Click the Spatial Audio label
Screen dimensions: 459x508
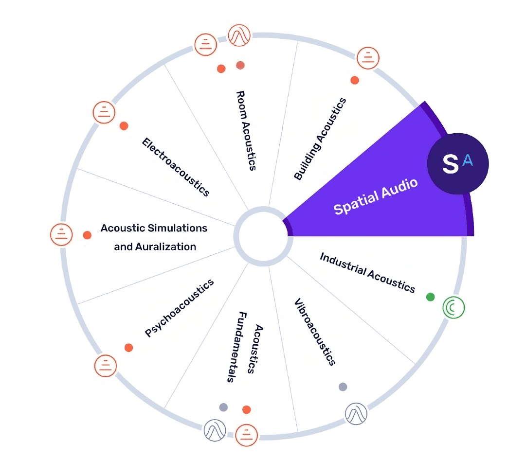click(375, 197)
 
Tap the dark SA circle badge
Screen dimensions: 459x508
click(457, 163)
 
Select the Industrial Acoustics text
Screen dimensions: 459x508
click(367, 272)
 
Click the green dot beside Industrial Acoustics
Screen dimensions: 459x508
click(430, 297)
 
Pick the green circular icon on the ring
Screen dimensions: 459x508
click(454, 307)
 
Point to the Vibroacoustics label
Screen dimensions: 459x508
click(315, 332)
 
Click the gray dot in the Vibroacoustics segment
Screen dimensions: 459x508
click(343, 387)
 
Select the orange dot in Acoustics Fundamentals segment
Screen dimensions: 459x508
click(246, 409)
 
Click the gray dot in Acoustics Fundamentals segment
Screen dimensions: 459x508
click(223, 407)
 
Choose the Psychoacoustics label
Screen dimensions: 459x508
click(180, 308)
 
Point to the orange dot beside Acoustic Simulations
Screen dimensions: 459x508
click(87, 235)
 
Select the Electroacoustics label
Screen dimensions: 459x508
click(176, 167)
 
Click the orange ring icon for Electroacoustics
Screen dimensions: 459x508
click(103, 112)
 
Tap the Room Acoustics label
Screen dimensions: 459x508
click(246, 130)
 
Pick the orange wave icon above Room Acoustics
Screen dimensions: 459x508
click(239, 35)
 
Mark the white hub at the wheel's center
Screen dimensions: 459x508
click(260, 236)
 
